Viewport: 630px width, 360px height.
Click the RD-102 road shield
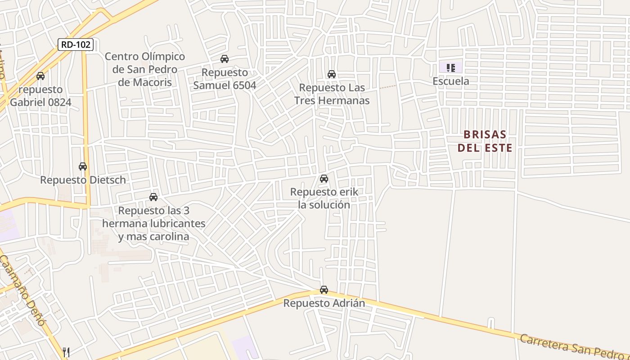click(76, 45)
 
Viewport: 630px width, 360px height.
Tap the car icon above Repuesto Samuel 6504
click(224, 59)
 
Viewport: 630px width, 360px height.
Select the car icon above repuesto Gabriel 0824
click(40, 76)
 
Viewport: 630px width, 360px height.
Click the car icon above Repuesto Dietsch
click(83, 166)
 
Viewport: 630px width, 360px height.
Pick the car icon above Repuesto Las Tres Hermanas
click(332, 74)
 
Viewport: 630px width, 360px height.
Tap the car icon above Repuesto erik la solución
click(324, 179)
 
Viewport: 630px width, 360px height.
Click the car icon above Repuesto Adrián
click(324, 290)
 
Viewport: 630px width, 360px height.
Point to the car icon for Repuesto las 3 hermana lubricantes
click(153, 197)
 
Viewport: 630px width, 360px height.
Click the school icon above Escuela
click(450, 68)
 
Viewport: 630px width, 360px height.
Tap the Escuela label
click(450, 81)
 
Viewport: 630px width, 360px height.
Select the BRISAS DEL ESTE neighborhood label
click(485, 141)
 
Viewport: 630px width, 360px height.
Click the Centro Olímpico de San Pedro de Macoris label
click(144, 69)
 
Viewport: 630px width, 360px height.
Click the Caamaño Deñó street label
click(22, 290)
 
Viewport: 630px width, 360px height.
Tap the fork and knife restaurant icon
click(66, 351)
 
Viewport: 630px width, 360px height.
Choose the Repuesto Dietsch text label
click(83, 180)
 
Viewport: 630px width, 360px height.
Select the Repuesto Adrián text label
click(324, 303)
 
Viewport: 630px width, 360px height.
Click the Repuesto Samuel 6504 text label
click(225, 79)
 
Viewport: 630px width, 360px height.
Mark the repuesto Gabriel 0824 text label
click(40, 96)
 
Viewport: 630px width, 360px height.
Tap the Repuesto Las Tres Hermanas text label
click(332, 94)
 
